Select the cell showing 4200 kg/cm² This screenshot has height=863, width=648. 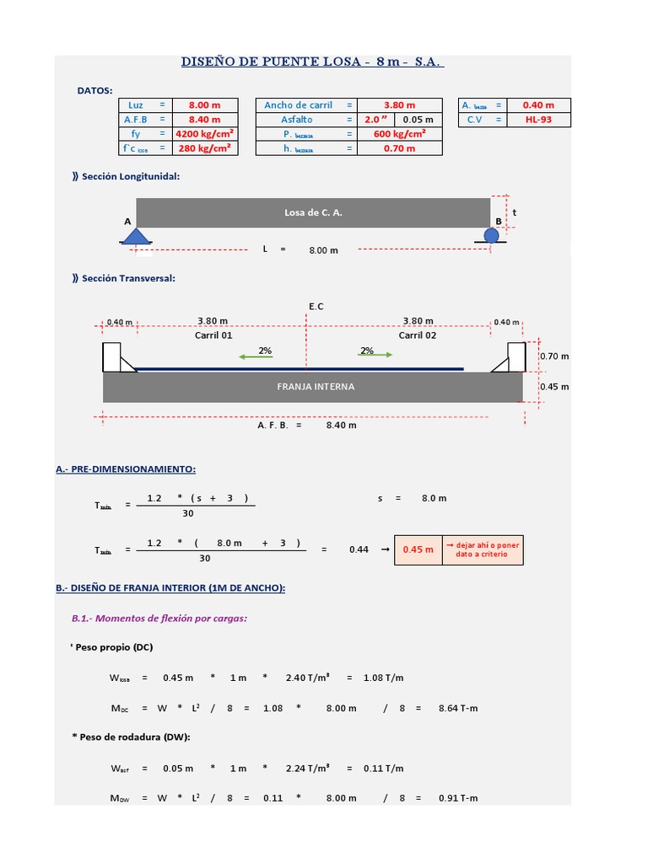click(204, 134)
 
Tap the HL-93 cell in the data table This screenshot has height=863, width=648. click(538, 120)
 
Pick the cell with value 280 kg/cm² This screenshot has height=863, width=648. click(204, 148)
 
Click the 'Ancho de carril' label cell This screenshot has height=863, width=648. click(298, 105)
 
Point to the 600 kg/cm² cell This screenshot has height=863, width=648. click(399, 134)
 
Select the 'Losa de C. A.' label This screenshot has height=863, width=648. click(313, 212)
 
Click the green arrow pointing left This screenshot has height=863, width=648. click(256, 356)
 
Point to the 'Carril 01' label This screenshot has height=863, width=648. click(213, 335)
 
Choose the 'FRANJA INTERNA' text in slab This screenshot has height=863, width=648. click(316, 387)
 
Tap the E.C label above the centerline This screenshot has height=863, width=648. click(316, 307)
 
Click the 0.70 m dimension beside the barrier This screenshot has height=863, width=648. click(553, 356)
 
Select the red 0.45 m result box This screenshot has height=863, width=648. click(418, 549)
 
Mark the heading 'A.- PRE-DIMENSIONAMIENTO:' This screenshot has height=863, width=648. click(126, 469)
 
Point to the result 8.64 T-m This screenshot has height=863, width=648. click(458, 709)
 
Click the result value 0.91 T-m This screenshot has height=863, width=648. click(458, 798)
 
